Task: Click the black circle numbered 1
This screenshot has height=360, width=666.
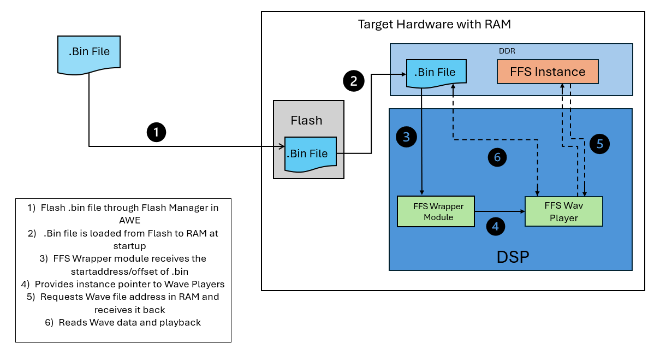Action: pos(157,132)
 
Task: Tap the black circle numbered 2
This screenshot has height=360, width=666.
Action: pos(353,81)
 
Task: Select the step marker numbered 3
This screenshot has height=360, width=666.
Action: pos(406,137)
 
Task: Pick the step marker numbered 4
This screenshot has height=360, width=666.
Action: pos(496,226)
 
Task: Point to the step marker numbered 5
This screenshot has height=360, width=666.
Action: pos(599,144)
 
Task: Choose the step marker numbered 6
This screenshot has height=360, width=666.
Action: pos(497,157)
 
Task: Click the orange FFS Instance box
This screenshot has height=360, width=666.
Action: pos(548,72)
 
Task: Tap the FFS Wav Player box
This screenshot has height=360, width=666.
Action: pos(563,211)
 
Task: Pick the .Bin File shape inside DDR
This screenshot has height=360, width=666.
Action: pos(435,73)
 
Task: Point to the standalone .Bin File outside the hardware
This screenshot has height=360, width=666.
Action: pos(89,53)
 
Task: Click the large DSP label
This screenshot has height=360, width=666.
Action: pos(513,257)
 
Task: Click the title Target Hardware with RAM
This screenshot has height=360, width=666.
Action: pos(434,24)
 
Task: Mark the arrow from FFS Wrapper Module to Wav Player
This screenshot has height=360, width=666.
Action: pos(499,211)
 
